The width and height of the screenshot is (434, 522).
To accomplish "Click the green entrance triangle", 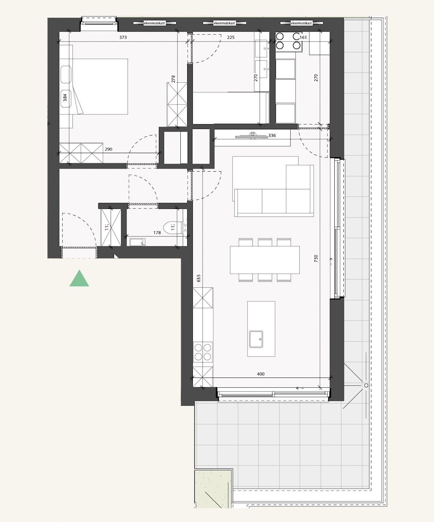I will click(79, 279).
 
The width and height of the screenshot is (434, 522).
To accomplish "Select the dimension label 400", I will click(260, 374).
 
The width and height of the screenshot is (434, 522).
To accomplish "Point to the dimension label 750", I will click(316, 258).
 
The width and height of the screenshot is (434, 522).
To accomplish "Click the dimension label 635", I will click(199, 278).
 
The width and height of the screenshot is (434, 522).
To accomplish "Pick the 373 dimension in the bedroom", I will click(123, 37).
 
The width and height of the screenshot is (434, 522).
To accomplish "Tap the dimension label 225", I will click(231, 37).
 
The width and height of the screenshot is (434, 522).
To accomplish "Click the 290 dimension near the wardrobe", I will click(108, 149).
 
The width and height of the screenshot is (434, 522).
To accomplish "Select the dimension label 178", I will click(157, 233).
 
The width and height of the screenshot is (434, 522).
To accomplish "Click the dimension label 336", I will click(272, 135).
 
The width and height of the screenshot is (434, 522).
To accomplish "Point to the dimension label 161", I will click(303, 37).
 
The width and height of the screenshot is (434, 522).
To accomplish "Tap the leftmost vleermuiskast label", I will click(155, 23).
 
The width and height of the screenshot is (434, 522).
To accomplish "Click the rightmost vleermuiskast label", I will click(301, 23).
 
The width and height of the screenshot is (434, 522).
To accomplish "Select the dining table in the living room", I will click(265, 260).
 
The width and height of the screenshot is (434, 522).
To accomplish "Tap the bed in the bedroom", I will click(100, 86).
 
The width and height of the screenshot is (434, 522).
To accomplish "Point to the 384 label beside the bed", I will click(65, 98).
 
